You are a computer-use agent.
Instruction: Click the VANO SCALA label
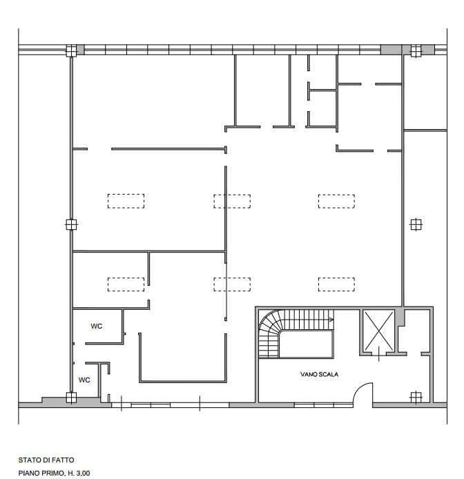319,374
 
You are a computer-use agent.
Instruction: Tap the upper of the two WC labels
96,326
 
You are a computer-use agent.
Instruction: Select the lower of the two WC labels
84,380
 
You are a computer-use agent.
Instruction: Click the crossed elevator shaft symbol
378,331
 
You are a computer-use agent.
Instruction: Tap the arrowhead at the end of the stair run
331,320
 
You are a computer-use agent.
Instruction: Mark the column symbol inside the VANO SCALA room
416,398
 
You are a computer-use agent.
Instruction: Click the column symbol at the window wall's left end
71,50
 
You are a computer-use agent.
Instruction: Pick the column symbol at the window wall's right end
416,50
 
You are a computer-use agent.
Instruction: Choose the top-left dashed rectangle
126,201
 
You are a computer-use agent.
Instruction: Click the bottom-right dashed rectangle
336,284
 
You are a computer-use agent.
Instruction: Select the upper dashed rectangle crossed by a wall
232,202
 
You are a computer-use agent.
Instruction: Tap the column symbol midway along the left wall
71,224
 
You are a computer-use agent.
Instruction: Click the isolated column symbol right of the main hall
416,224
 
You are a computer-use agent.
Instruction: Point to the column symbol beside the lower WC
71,398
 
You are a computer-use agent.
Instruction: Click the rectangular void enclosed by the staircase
307,344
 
